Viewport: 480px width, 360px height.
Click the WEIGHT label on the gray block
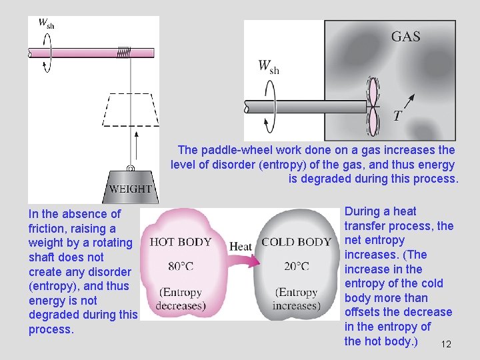[x=131, y=189]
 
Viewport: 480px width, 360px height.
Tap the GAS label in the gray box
[x=405, y=36]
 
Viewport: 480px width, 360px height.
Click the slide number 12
[x=446, y=344]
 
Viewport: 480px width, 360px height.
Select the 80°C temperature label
[x=181, y=267]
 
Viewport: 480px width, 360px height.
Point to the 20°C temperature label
[x=296, y=267]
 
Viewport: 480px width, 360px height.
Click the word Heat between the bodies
[x=241, y=247]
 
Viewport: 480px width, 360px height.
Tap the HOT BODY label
[x=181, y=242]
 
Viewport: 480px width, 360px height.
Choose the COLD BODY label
[x=296, y=242]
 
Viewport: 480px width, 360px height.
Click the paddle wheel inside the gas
[x=373, y=105]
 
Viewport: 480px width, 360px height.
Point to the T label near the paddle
[x=397, y=116]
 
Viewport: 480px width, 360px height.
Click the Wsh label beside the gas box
[x=269, y=66]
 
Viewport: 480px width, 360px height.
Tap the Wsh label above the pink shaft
[x=46, y=23]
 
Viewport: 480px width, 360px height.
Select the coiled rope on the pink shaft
[x=124, y=52]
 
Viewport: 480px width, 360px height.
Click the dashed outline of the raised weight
[x=131, y=109]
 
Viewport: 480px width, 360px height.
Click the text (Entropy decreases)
[x=181, y=299]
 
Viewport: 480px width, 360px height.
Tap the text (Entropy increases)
[x=297, y=299]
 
